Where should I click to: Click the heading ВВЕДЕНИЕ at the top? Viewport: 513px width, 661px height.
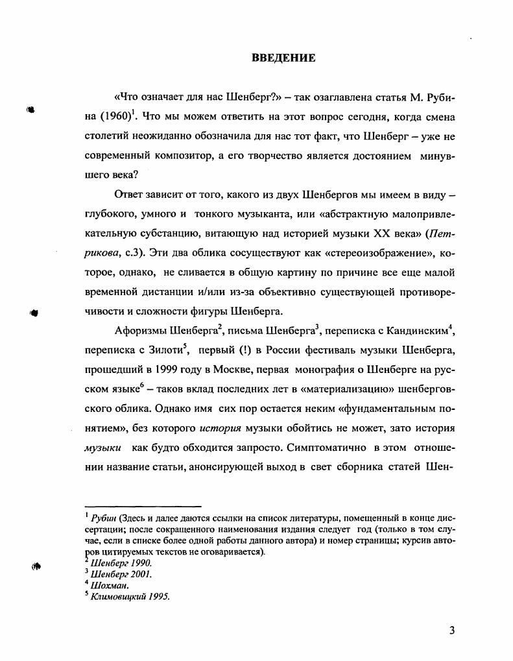coord(283,58)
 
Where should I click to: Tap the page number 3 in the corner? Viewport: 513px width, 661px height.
coord(452,631)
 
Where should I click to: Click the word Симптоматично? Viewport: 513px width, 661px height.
coord(326,448)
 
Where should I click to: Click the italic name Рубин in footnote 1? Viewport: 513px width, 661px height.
coord(104,516)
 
